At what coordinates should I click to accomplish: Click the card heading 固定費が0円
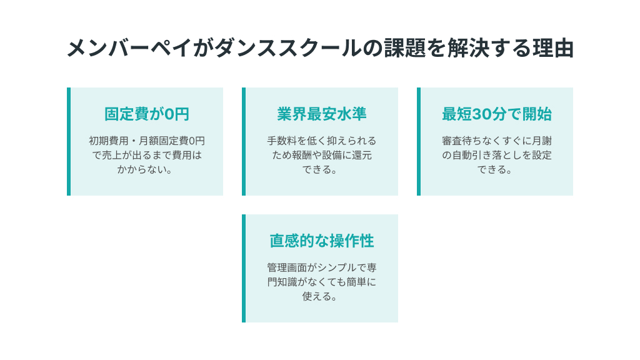pyautogui.click(x=147, y=114)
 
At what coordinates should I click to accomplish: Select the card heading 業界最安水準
pyautogui.click(x=322, y=114)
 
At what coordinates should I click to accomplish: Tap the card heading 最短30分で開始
pyautogui.click(x=497, y=114)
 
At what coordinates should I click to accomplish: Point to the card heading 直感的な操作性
pyautogui.click(x=322, y=241)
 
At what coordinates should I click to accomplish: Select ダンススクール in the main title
pyautogui.click(x=287, y=48)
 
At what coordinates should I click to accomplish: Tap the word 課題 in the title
pyautogui.click(x=404, y=48)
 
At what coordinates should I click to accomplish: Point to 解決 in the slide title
pyautogui.click(x=467, y=48)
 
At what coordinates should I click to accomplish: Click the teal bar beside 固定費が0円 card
pyautogui.click(x=69, y=142)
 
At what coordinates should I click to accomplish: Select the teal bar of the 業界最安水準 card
pyautogui.click(x=244, y=142)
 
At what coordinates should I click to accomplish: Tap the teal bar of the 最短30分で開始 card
pyautogui.click(x=419, y=142)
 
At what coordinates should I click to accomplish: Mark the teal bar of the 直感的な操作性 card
pyautogui.click(x=244, y=269)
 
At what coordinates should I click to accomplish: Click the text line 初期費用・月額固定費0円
pyautogui.click(x=147, y=141)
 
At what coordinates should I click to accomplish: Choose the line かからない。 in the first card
pyautogui.click(x=145, y=169)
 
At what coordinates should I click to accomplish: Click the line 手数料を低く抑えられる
pyautogui.click(x=322, y=141)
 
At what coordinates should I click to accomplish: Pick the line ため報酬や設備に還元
pyautogui.click(x=322, y=155)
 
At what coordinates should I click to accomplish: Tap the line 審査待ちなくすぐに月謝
pyautogui.click(x=497, y=141)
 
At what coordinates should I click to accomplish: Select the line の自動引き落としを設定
pyautogui.click(x=497, y=155)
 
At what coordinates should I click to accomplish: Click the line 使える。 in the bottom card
pyautogui.click(x=320, y=296)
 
